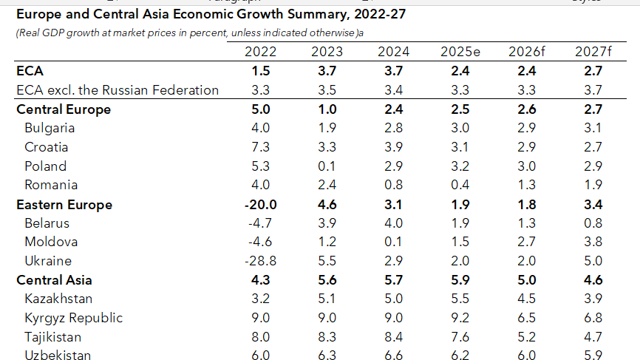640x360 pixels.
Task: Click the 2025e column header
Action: [x=460, y=52]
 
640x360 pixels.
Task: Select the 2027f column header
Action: [x=593, y=52]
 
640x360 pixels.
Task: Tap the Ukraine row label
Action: [x=48, y=261]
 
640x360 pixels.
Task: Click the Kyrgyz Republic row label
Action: [x=73, y=318]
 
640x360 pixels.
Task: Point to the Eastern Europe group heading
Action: [x=64, y=205]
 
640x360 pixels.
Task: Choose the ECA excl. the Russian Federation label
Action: [x=118, y=90]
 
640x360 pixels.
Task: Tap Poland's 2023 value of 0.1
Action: [x=327, y=166]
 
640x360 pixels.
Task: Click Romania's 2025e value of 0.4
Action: [x=460, y=185]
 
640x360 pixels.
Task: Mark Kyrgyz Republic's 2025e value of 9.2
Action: [x=460, y=318]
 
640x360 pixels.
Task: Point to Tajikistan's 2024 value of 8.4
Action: [x=393, y=337]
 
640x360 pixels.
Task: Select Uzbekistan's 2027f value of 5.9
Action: [x=593, y=356]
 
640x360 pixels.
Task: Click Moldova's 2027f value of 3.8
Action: [x=593, y=242]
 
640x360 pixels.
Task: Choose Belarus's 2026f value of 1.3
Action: [x=527, y=223]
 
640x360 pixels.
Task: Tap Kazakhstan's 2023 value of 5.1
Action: [x=327, y=299]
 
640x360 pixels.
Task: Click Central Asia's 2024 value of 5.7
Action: [x=393, y=280]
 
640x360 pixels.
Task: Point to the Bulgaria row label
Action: [x=50, y=128]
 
